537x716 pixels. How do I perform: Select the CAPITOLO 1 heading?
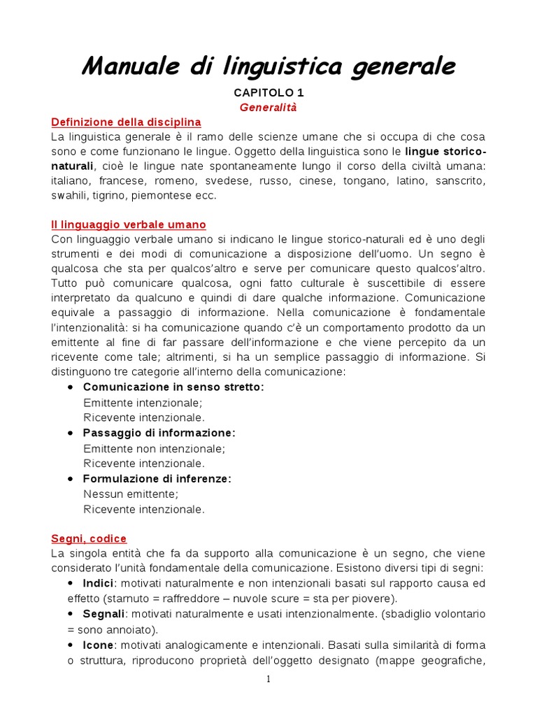tap(268, 92)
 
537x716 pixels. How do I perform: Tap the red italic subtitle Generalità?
tap(268, 108)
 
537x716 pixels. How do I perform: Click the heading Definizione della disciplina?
tap(126, 122)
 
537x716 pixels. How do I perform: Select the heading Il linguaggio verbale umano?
tap(129, 224)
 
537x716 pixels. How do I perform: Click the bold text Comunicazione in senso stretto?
tap(173, 387)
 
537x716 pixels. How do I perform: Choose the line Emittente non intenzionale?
tap(155, 448)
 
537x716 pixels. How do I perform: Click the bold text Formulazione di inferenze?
tap(157, 479)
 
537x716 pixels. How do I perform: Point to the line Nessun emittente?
tap(131, 494)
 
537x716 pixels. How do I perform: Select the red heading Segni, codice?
tap(89, 538)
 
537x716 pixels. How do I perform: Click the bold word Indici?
tap(98, 583)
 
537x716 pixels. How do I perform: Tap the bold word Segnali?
tap(103, 614)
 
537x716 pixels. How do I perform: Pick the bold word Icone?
tap(97, 645)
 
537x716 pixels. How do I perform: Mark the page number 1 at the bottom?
tap(268, 679)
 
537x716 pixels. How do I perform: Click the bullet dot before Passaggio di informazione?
tap(70, 434)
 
